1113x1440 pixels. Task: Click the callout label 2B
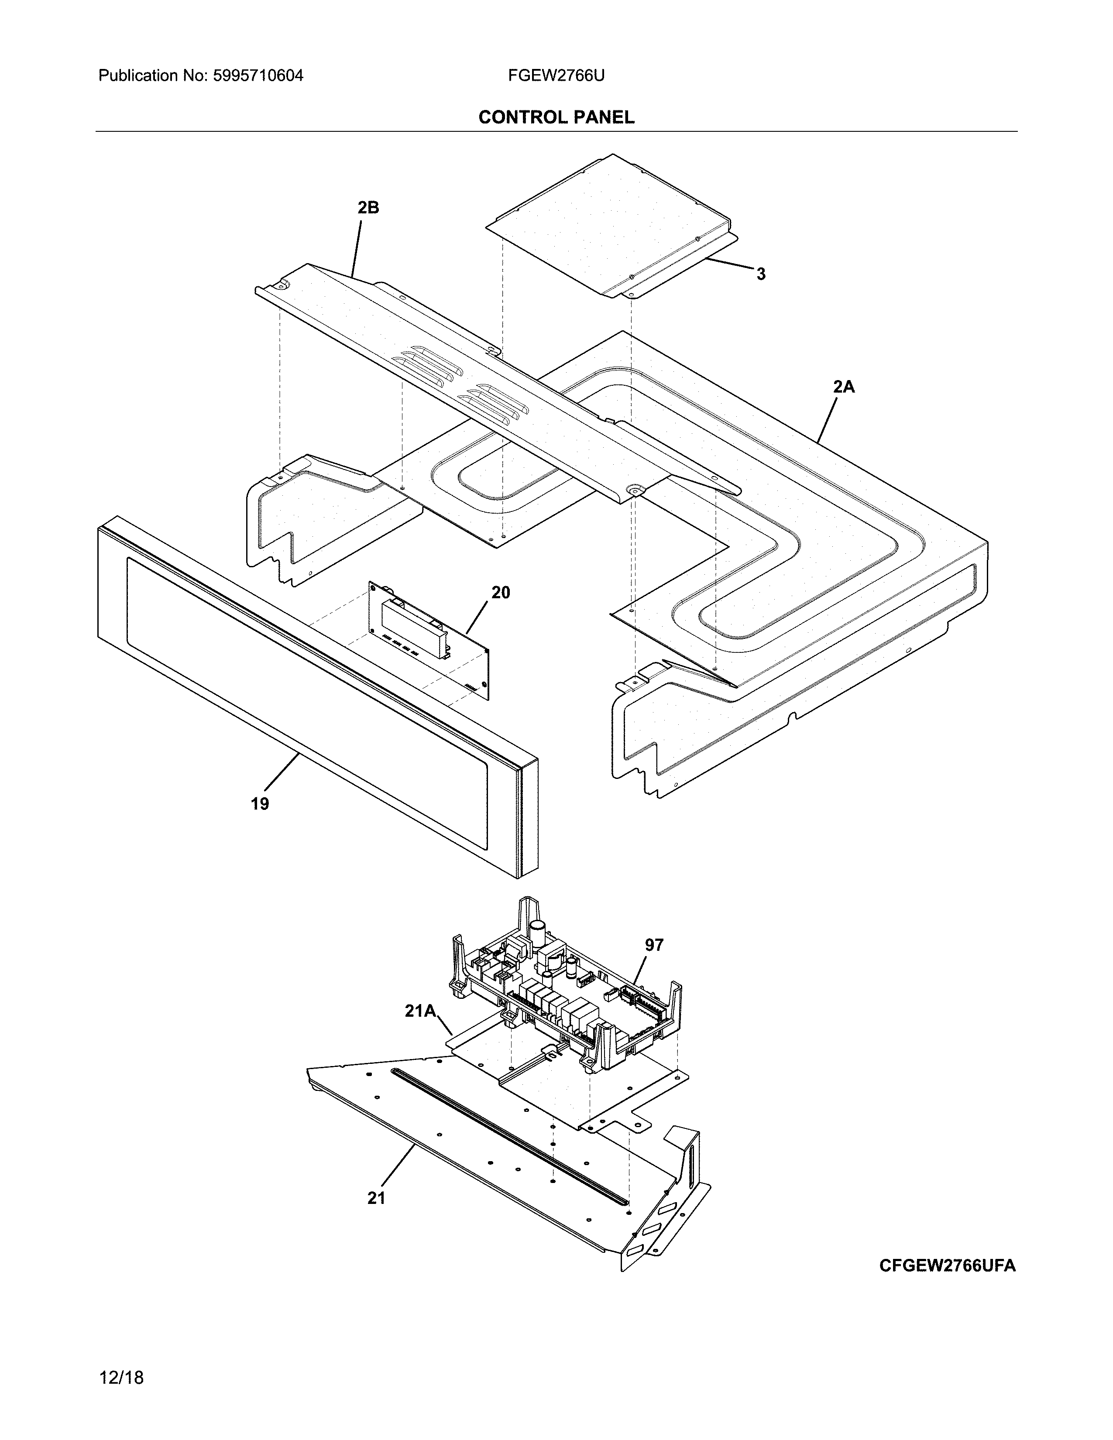368,208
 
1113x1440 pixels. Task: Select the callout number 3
761,274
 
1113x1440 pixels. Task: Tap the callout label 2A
843,387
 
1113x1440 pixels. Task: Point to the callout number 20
501,593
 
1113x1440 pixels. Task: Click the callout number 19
260,804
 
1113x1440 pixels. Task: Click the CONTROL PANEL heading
556,117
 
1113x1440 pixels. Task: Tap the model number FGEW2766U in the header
556,76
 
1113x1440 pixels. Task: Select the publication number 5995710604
258,76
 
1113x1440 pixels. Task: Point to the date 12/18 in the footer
121,1377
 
